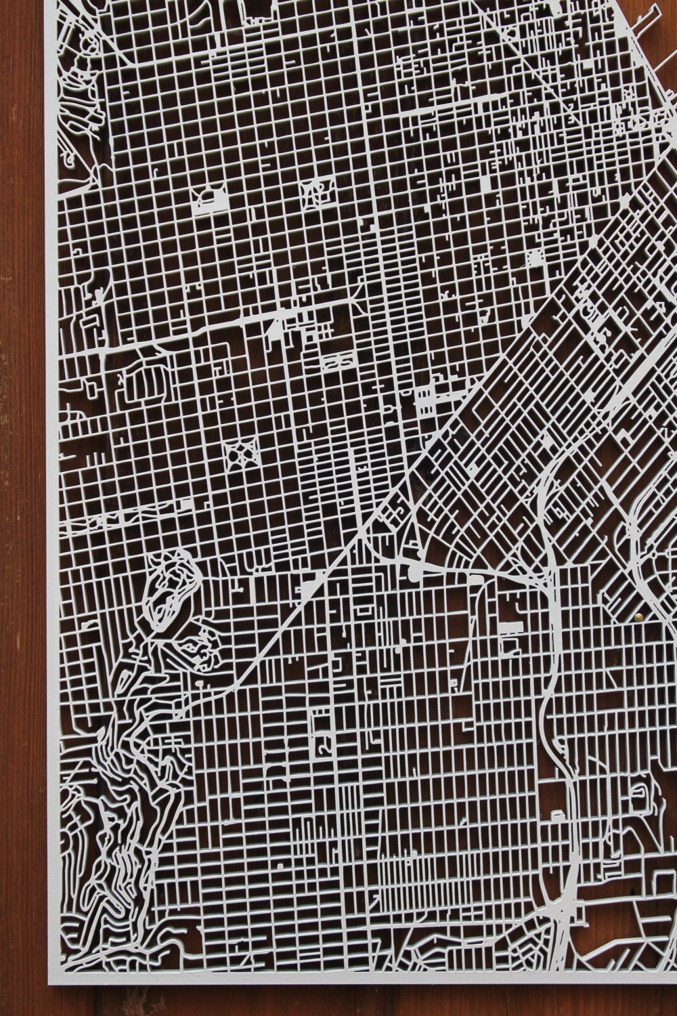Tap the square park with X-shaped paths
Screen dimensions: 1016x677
(x=244, y=453)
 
